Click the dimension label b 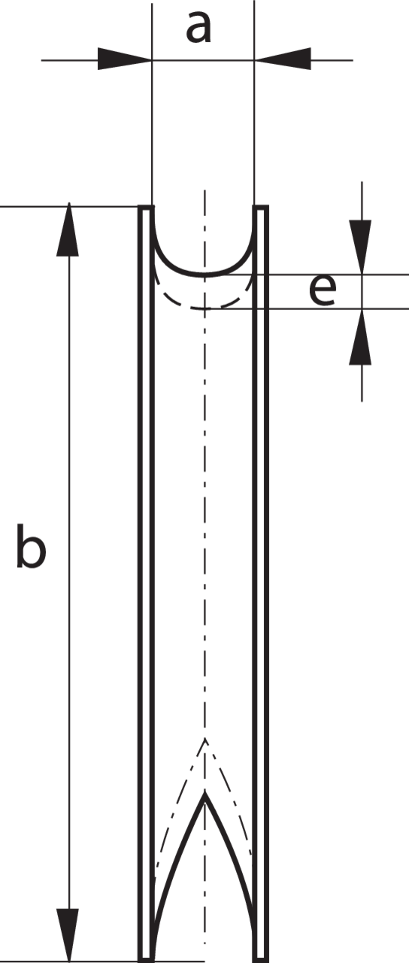click(x=31, y=546)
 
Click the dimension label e click(x=323, y=291)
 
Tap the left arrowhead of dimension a click(x=125, y=59)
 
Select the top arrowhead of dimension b click(x=68, y=229)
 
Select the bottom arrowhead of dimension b click(x=68, y=935)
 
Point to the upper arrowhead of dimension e click(x=360, y=247)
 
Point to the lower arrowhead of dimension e click(x=360, y=336)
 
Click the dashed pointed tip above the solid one click(x=205, y=739)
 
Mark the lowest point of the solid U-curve click(x=205, y=274)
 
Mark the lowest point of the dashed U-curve click(x=205, y=308)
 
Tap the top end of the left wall click(x=146, y=207)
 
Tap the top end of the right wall click(x=260, y=207)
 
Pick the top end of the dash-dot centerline click(x=205, y=190)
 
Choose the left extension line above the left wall click(x=152, y=104)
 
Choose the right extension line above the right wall click(x=254, y=103)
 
